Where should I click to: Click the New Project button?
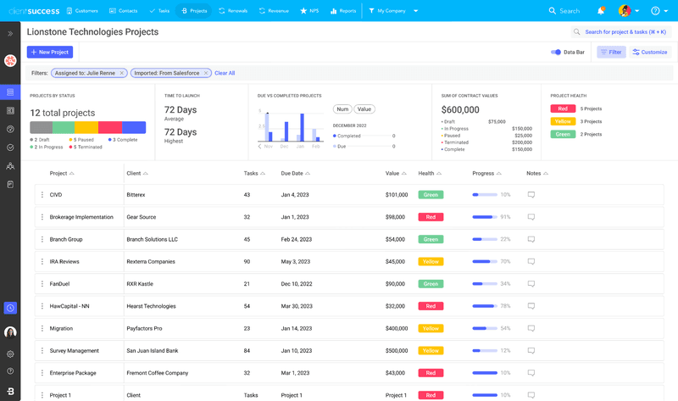coord(50,53)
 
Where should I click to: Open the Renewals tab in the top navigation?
coord(233,11)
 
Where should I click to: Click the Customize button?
coord(650,53)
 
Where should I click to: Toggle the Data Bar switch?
coord(556,53)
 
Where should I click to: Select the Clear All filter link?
coord(225,73)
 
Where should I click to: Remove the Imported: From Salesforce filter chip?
coord(206,73)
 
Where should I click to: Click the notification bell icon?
coord(601,11)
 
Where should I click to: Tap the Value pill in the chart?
coord(364,109)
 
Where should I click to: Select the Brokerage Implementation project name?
coord(81,217)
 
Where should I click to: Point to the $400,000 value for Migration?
coord(397,328)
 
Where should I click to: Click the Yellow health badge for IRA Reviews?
coord(431,261)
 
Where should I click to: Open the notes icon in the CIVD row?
coord(531,195)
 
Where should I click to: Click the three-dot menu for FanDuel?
coord(42,284)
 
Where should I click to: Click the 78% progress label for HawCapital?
coord(505,306)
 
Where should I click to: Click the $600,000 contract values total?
coord(460,109)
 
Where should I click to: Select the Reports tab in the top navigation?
coord(342,11)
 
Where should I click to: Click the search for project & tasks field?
coord(623,31)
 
